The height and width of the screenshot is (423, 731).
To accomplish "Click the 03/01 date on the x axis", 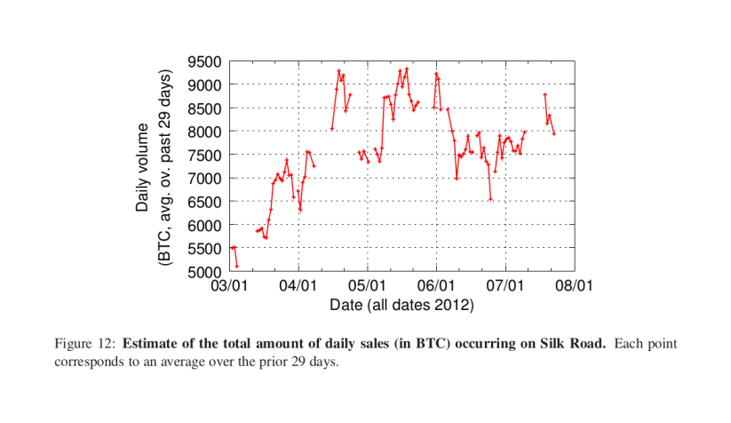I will pos(230,287).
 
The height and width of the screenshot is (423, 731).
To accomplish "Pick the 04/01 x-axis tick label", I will pos(298,287).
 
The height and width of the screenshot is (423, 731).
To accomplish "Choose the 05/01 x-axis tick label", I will pos(367,287).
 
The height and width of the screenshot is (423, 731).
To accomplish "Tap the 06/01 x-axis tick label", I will pos(436,287).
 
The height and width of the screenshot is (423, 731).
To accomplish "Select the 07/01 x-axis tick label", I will pos(505,287).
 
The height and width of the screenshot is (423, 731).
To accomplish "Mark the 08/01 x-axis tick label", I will pos(574,287).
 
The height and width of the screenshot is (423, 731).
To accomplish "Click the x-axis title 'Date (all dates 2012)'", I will pos(401,305).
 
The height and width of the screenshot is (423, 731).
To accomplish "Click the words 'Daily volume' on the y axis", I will pos(142,166).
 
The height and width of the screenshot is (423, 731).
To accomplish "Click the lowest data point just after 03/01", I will pos(237,266).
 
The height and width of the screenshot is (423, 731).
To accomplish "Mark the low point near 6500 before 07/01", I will pos(490,199).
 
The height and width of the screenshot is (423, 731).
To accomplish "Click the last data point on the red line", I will pos(554,133).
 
